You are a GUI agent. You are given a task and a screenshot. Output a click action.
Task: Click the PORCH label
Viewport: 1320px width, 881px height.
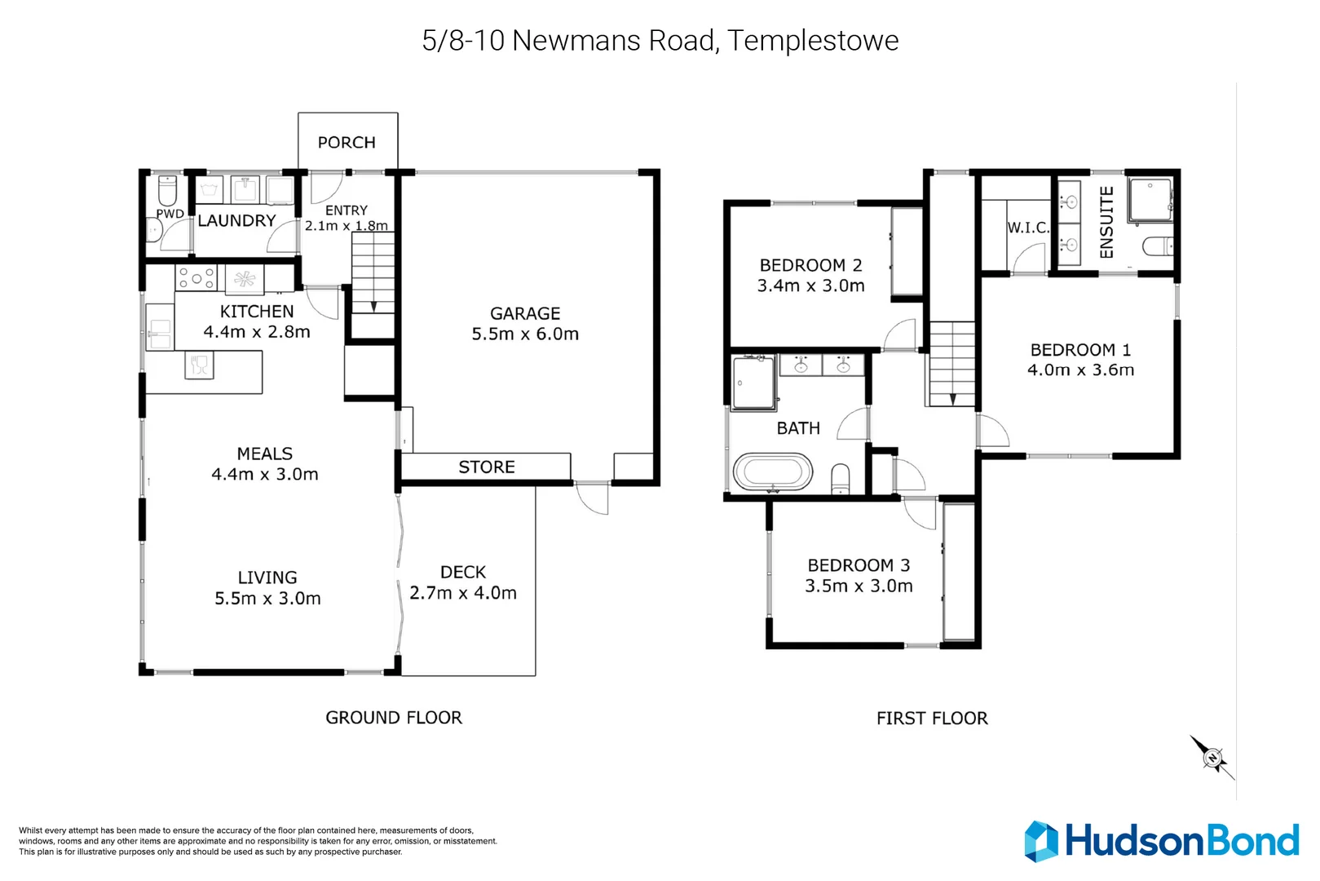pyautogui.click(x=347, y=143)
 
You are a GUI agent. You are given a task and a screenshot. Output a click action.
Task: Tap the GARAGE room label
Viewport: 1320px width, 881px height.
pyautogui.click(x=525, y=313)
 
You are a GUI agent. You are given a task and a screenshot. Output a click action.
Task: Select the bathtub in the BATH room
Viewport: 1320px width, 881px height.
pyautogui.click(x=772, y=472)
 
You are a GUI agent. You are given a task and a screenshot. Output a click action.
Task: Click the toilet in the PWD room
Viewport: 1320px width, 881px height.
pyautogui.click(x=167, y=191)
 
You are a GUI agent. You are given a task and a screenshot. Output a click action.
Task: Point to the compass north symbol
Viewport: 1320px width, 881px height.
pyautogui.click(x=1212, y=758)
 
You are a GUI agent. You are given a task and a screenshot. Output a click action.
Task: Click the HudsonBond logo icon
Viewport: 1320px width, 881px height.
pyautogui.click(x=1041, y=841)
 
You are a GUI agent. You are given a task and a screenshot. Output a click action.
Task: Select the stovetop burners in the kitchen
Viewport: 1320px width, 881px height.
pyautogui.click(x=196, y=278)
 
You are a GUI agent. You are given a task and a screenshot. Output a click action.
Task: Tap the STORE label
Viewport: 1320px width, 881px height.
pyautogui.click(x=487, y=467)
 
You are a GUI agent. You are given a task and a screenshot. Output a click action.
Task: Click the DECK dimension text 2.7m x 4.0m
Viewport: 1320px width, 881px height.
pyautogui.click(x=463, y=593)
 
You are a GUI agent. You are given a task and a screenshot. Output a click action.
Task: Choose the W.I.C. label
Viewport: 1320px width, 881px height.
pyautogui.click(x=1028, y=228)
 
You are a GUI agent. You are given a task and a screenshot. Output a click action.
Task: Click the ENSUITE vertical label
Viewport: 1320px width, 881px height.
pyautogui.click(x=1106, y=222)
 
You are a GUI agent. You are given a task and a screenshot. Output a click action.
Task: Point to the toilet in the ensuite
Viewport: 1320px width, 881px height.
pyautogui.click(x=1158, y=246)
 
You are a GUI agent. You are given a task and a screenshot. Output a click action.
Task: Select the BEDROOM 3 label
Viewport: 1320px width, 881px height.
pyautogui.click(x=859, y=565)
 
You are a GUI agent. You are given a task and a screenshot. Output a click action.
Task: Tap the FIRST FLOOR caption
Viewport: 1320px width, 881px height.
pyautogui.click(x=932, y=718)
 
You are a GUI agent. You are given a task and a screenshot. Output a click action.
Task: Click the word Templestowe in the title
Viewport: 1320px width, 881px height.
pyautogui.click(x=813, y=40)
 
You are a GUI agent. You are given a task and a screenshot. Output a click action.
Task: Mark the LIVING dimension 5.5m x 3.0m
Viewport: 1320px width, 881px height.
pyautogui.click(x=267, y=598)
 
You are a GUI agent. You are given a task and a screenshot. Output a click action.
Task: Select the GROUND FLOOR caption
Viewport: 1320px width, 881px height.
pyautogui.click(x=394, y=717)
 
